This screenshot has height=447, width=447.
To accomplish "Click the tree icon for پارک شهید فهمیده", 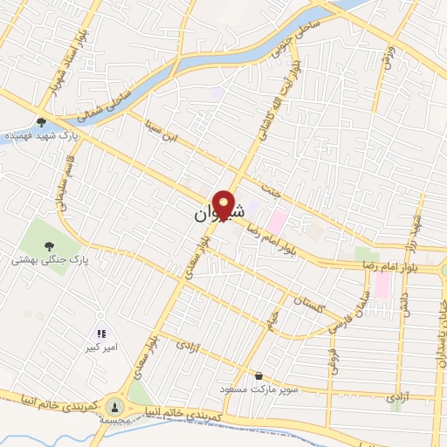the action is pyautogui.click(x=40, y=122).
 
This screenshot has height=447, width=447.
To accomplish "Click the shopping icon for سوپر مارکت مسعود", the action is pyautogui.click(x=258, y=375).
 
